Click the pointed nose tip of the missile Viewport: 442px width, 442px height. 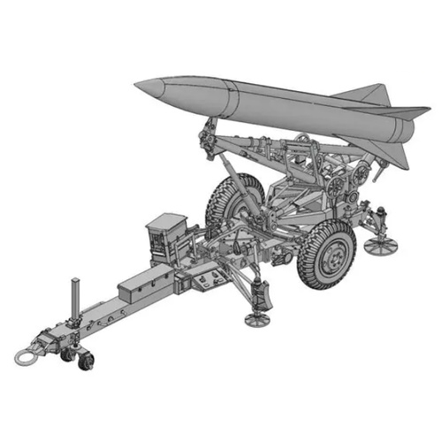click(x=137, y=86)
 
